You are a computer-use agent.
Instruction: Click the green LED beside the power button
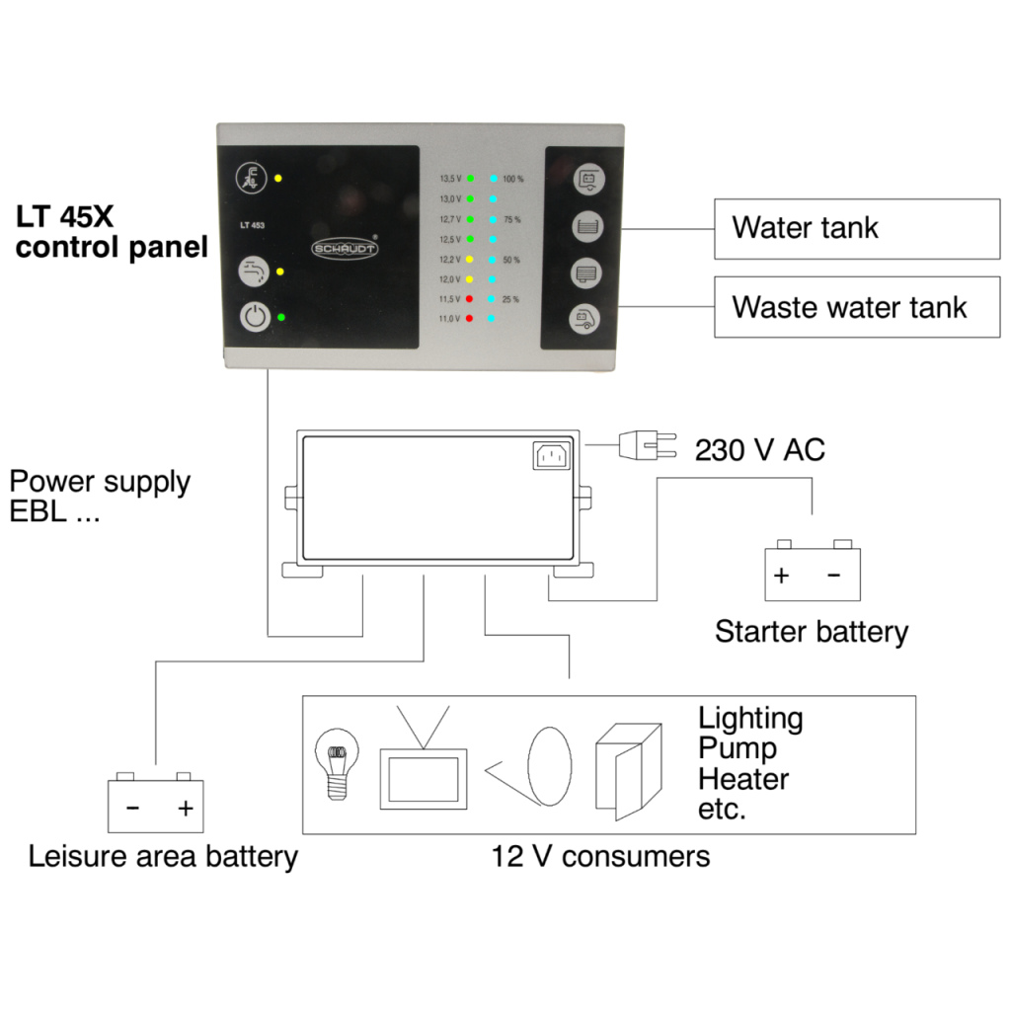click(x=282, y=317)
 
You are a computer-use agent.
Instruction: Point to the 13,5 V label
click(x=450, y=179)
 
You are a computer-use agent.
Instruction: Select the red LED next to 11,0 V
click(x=470, y=318)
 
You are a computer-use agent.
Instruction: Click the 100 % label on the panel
click(x=513, y=179)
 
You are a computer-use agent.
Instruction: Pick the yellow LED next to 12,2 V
click(x=470, y=259)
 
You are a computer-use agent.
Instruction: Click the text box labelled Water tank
click(x=856, y=228)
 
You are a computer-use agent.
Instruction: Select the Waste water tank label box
click(x=856, y=307)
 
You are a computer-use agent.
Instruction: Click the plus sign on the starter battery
click(x=782, y=576)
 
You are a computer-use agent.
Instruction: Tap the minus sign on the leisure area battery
click(x=132, y=809)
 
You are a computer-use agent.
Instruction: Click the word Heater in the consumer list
click(x=743, y=779)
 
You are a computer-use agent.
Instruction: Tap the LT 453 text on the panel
click(x=253, y=225)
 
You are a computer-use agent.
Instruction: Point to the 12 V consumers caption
click(x=600, y=855)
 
